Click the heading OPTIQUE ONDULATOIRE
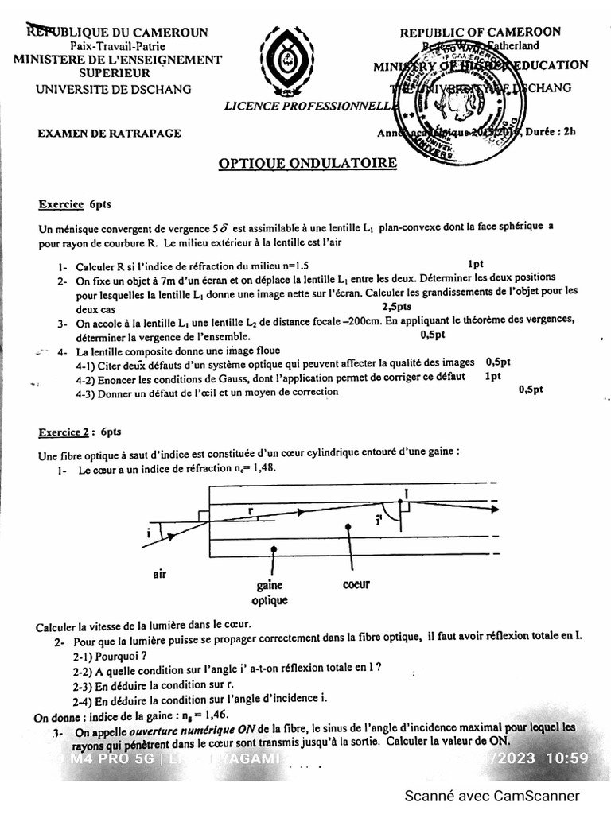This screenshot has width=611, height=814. tap(307, 163)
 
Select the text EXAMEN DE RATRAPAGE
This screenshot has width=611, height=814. tap(109, 134)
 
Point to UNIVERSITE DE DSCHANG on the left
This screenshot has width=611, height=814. tap(114, 89)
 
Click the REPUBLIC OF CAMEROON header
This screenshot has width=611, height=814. tap(480, 32)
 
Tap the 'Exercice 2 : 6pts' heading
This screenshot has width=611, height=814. tap(80, 432)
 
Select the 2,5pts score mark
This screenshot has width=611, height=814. tap(396, 306)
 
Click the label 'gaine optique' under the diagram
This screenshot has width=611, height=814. tap(270, 592)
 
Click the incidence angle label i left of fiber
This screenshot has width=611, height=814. tap(148, 533)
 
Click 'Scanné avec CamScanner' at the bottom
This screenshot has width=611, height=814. tap(492, 796)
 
